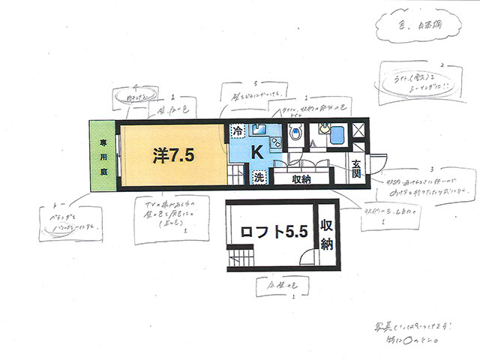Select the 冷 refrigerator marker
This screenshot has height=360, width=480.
pos(237,130)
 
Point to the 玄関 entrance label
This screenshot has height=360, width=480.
pos(356,169)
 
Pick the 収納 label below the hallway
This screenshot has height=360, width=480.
pos(302,179)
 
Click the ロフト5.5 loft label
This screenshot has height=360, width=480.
pos(274,232)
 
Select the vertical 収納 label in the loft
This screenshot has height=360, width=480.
pos(327,234)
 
